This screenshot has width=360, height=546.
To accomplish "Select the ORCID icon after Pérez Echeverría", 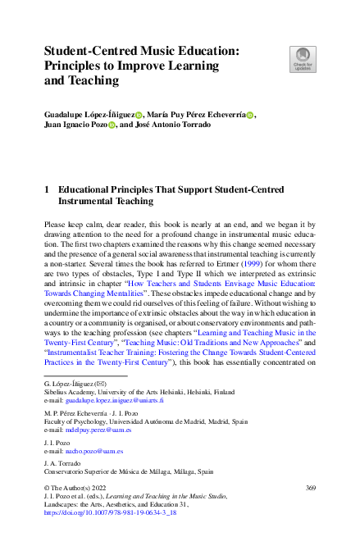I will pos(250,116).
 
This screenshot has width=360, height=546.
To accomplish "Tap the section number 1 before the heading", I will pos(47,189).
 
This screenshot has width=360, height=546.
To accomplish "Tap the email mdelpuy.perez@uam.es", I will pos(99,429).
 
